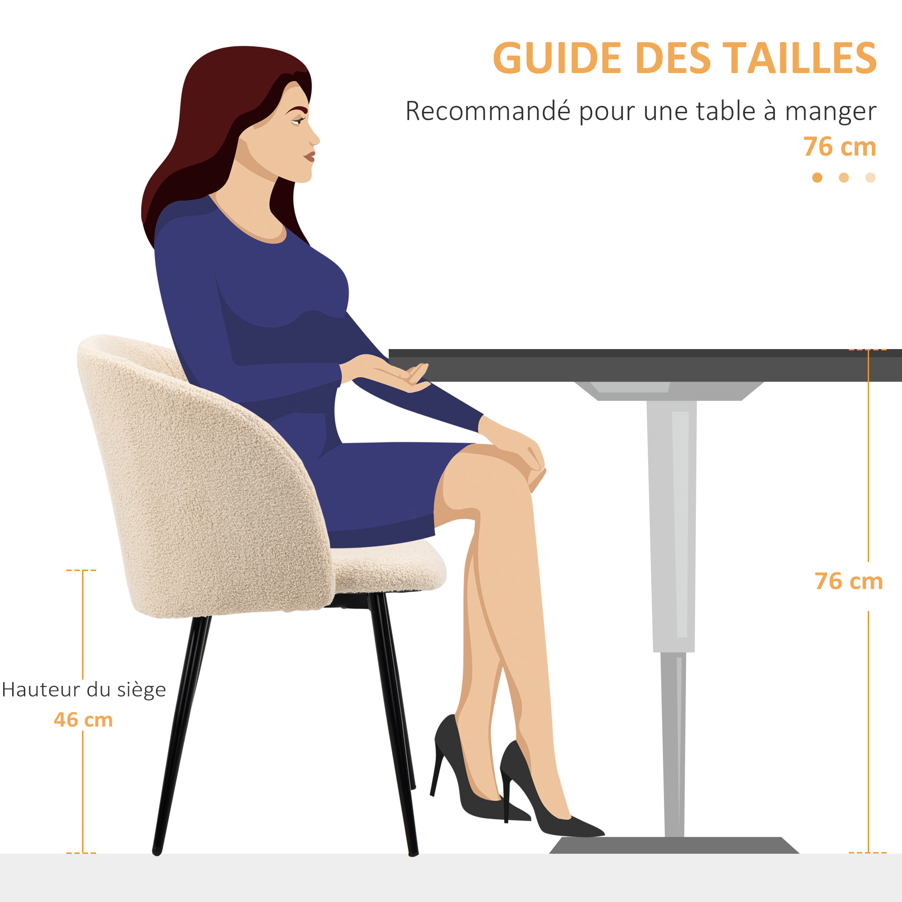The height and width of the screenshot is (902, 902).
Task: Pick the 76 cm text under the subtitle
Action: pyautogui.click(x=839, y=147)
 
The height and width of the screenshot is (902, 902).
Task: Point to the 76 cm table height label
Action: pyautogui.click(x=848, y=581)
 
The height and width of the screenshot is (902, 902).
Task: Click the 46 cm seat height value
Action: pyautogui.click(x=83, y=719)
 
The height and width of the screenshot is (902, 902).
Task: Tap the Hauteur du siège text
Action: pyautogui.click(x=84, y=690)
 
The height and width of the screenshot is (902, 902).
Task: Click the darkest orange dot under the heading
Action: pyautogui.click(x=817, y=177)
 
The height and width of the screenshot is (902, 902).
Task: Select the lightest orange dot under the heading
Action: pyautogui.click(x=870, y=177)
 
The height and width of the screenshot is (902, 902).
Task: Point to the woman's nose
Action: pyautogui.click(x=315, y=138)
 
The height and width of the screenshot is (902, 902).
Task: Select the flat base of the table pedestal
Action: pyautogui.click(x=672, y=846)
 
